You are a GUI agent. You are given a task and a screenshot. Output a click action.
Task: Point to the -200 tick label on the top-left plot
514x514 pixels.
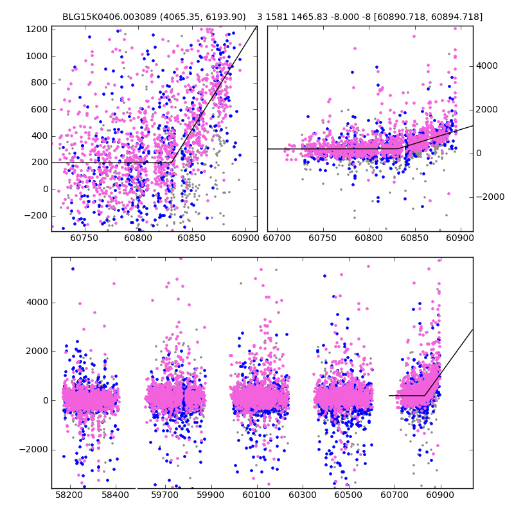click(x=36, y=215)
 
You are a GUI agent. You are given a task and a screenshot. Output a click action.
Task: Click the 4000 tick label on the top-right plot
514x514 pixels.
click(x=486, y=66)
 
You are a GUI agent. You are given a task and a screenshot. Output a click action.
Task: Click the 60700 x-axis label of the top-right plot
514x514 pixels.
click(x=277, y=238)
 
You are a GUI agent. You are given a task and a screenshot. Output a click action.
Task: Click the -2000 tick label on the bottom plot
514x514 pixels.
click(x=34, y=449)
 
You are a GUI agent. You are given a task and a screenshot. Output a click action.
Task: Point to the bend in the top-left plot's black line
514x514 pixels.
click(x=172, y=163)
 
